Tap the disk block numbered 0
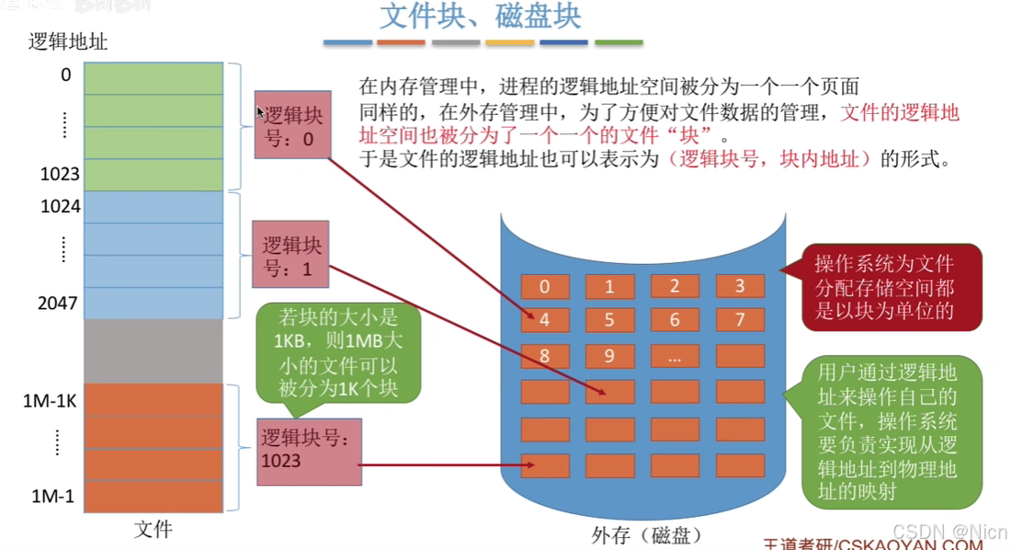(545, 286)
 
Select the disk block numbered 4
(545, 320)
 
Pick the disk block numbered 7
(740, 320)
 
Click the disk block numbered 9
(609, 356)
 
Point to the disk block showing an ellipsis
(675, 356)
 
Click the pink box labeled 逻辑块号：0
(292, 124)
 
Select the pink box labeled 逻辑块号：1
(292, 256)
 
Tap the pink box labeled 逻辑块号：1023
(309, 451)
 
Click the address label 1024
(61, 207)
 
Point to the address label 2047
(59, 302)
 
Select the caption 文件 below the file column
(153, 529)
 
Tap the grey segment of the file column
(153, 350)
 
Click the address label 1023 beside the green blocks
(60, 174)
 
